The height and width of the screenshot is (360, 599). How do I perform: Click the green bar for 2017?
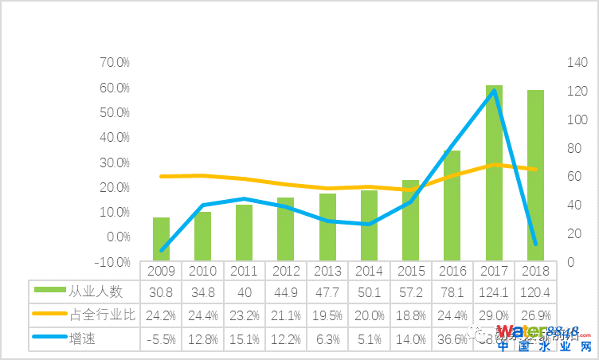pos(494,172)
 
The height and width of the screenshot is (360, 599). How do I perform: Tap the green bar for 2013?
pos(327,227)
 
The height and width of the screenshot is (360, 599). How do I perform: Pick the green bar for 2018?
pos(535,174)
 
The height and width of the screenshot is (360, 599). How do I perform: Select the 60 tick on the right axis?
pos(574,177)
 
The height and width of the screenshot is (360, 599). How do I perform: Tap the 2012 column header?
pos(286,271)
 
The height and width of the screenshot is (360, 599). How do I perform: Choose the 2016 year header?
pos(452,271)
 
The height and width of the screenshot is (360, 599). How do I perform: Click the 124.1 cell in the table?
pos(494,292)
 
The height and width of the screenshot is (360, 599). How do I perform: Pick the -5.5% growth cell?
pos(161,338)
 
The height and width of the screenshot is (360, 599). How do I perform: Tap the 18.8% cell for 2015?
pos(410,315)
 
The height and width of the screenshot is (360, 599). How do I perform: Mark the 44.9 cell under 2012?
pos(286,292)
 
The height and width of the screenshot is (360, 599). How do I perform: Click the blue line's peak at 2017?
pos(494,90)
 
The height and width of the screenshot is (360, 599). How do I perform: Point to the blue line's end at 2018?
pos(535,244)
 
